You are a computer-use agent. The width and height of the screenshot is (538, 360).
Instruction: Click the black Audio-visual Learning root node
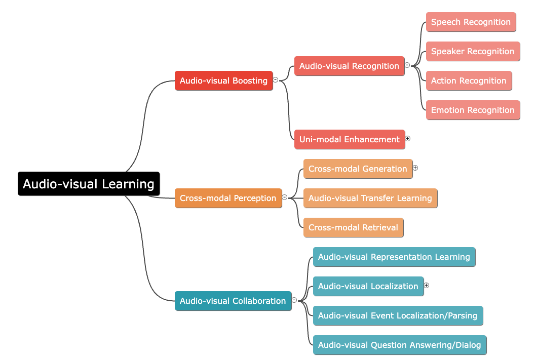click(89, 184)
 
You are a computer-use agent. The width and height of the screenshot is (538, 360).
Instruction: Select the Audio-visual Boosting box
click(224, 81)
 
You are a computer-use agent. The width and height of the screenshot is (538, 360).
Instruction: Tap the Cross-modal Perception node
click(228, 198)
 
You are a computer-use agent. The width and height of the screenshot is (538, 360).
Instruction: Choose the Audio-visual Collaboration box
click(233, 301)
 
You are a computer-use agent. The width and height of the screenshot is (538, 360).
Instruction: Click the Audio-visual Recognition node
click(349, 66)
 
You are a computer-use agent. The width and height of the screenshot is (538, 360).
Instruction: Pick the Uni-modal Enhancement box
click(350, 139)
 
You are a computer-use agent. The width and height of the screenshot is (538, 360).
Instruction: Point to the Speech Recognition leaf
click(471, 22)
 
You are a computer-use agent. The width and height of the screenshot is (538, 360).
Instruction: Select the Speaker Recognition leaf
click(473, 52)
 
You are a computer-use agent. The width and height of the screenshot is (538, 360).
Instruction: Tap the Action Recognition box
click(469, 81)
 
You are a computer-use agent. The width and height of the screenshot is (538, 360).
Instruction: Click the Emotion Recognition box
click(473, 110)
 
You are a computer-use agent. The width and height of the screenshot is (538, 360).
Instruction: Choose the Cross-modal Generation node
click(358, 169)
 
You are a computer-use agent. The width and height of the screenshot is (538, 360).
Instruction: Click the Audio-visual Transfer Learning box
click(370, 198)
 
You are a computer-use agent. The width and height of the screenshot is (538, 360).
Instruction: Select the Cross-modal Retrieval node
click(354, 227)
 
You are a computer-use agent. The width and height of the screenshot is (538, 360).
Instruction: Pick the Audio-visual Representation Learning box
click(394, 257)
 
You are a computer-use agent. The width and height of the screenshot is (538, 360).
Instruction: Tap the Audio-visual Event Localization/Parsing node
click(398, 315)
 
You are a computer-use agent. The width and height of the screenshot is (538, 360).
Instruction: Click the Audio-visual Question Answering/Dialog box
click(400, 345)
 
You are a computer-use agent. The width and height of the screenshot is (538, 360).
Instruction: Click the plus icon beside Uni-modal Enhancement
click(408, 139)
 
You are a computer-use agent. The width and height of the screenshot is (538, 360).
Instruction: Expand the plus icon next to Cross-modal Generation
click(415, 168)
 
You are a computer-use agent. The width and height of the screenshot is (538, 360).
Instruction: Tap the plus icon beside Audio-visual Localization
click(427, 285)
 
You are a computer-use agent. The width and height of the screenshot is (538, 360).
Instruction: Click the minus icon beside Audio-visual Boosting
click(276, 79)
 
